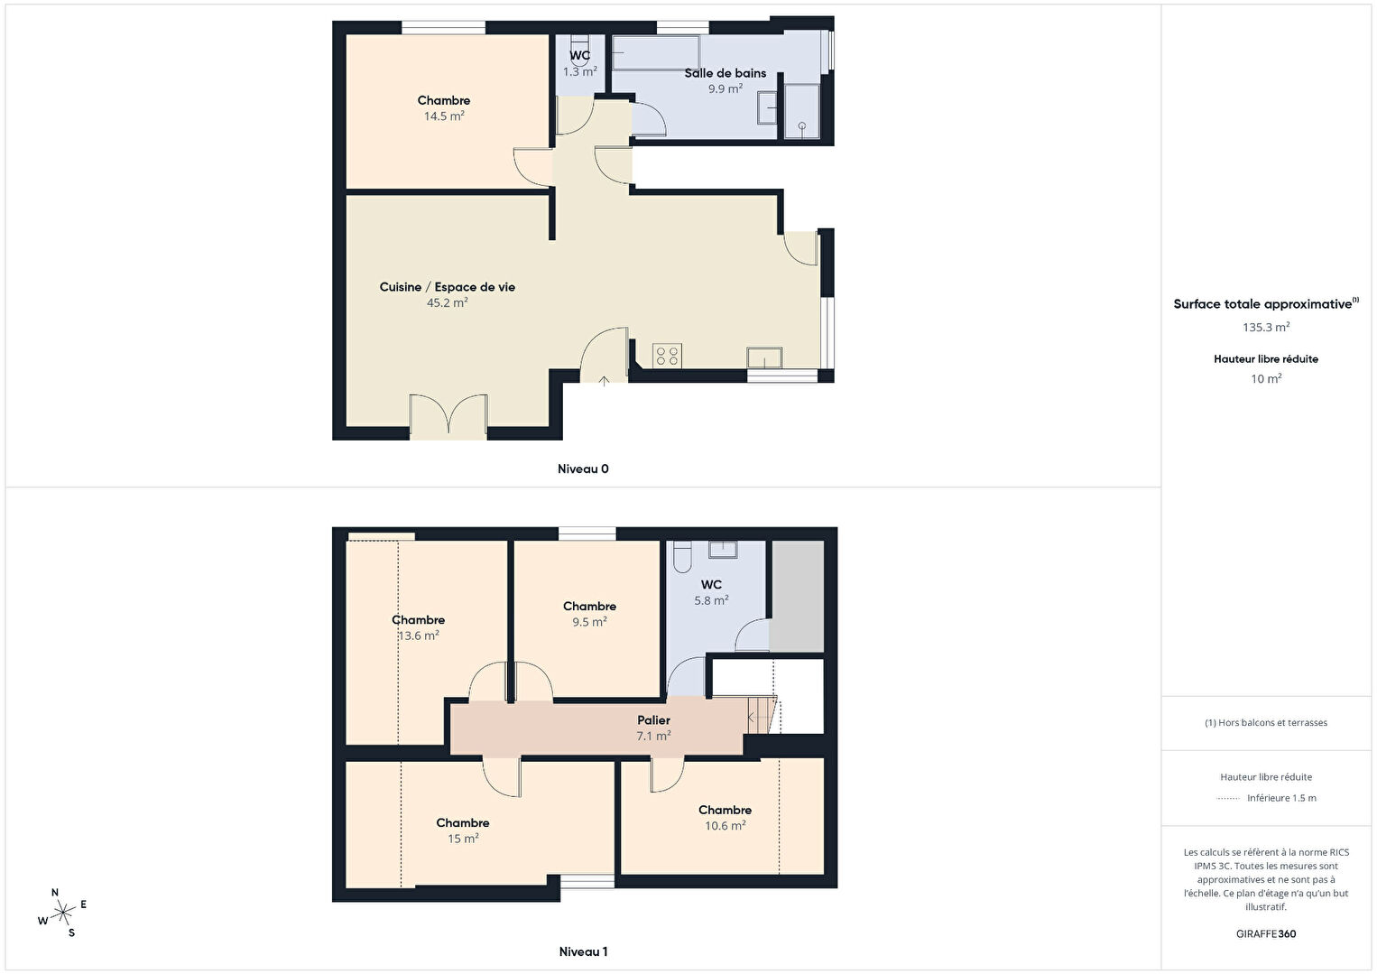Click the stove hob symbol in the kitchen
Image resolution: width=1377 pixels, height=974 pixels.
(x=667, y=356)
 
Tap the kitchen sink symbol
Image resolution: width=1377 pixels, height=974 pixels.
(x=764, y=357)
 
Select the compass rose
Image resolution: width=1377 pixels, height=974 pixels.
(x=62, y=913)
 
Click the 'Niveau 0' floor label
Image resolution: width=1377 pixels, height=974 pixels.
(x=583, y=468)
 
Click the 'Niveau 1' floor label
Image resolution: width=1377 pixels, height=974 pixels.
(x=583, y=951)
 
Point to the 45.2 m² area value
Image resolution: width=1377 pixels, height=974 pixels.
(x=447, y=302)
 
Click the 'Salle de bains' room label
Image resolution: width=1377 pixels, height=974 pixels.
(x=725, y=73)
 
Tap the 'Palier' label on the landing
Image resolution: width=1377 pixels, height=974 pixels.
(x=653, y=720)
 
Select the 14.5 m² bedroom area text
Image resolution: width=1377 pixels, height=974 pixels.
(x=444, y=116)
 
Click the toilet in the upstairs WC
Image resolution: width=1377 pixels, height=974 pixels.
(x=682, y=556)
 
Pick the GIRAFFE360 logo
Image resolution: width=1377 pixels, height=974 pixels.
(x=1266, y=933)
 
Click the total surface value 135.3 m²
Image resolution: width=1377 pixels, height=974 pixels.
(x=1266, y=327)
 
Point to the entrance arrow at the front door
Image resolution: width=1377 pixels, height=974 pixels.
(x=604, y=381)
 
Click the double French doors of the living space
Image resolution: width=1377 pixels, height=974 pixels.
(x=448, y=416)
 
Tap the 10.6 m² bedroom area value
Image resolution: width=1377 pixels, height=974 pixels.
(x=725, y=825)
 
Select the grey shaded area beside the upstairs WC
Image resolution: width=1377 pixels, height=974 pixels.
(x=798, y=595)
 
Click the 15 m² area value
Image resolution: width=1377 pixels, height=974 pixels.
(x=463, y=838)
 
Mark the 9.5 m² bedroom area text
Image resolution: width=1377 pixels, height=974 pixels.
(x=589, y=622)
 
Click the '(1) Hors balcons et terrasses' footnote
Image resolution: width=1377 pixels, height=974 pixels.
(x=1266, y=722)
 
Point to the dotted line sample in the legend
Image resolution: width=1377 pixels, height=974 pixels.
(x=1228, y=798)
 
